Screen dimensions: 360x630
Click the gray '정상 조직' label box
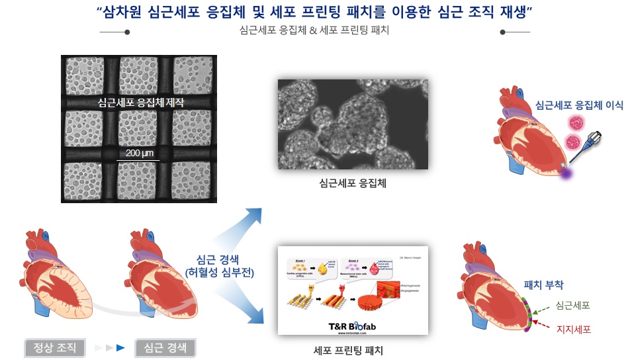click(x=50, y=347)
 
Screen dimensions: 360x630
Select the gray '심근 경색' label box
click(x=165, y=347)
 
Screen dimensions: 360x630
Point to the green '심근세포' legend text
click(x=573, y=305)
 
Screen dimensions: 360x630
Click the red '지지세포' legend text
click(x=573, y=328)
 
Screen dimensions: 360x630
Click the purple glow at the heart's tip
click(x=566, y=173)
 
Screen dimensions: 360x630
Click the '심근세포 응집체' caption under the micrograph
click(x=352, y=183)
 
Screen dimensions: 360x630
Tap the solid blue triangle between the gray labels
click(x=120, y=347)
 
